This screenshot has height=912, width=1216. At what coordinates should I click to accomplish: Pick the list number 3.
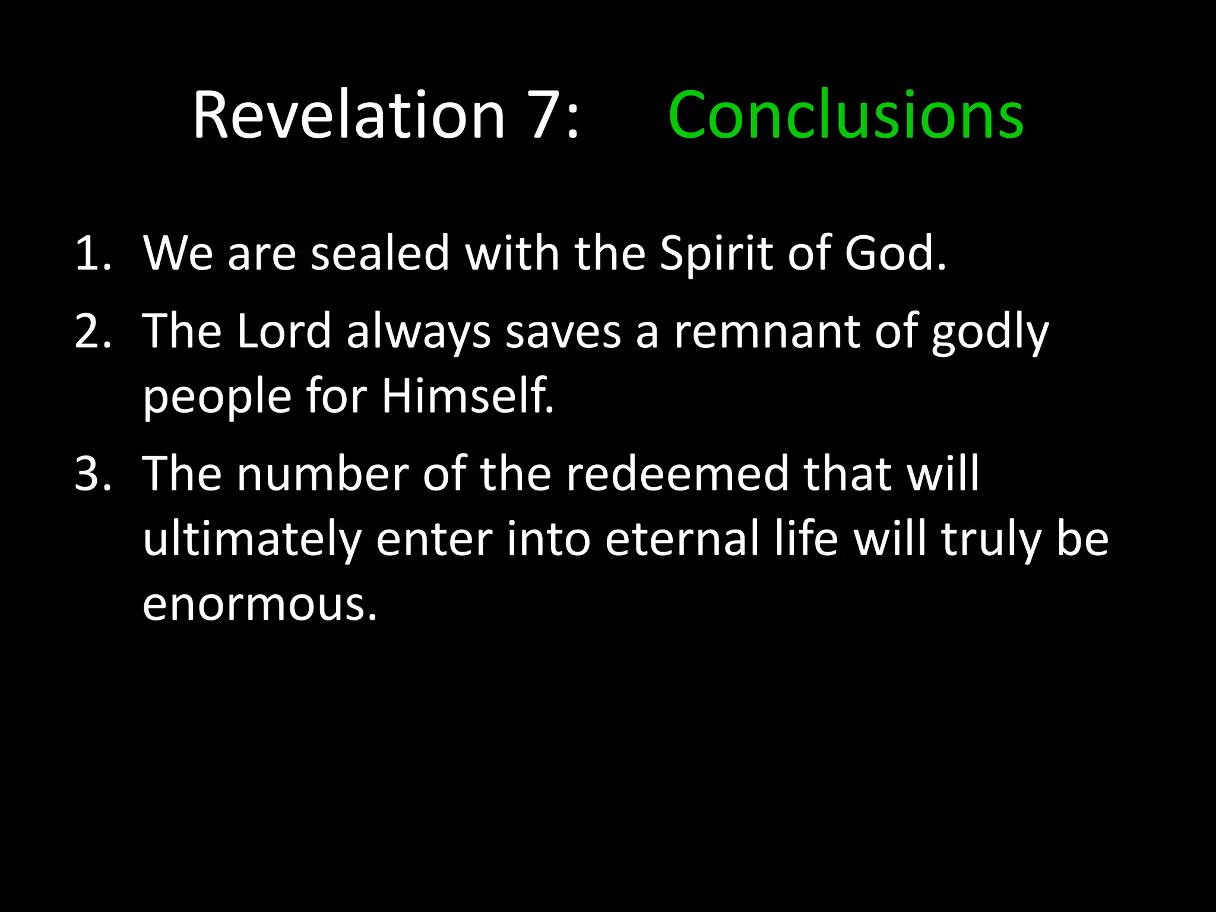pos(93,474)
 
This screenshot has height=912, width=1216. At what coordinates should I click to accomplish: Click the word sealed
pos(380,254)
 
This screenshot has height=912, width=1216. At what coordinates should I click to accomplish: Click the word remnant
pos(767,332)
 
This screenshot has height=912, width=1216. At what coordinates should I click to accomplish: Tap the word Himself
pos(467,396)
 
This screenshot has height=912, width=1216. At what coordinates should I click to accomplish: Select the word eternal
pos(682,539)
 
